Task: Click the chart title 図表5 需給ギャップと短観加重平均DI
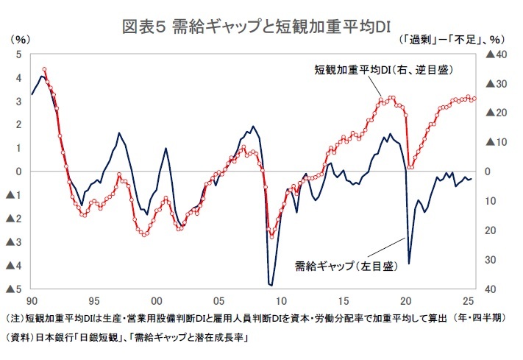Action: tap(261, 28)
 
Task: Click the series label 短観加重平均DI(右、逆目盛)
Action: tap(383, 71)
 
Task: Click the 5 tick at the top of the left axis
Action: tap(18, 54)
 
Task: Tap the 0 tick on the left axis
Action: tap(18, 172)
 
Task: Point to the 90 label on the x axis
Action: tap(32, 301)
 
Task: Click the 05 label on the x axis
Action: tap(218, 301)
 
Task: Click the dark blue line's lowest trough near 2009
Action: tap(271, 285)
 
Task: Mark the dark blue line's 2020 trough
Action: tap(408, 264)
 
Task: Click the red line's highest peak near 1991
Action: tap(44, 69)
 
